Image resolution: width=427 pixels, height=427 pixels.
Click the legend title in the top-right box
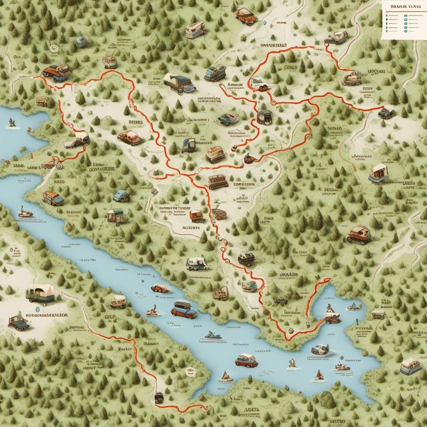click(402, 6)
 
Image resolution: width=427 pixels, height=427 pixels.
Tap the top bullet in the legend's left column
click(387, 15)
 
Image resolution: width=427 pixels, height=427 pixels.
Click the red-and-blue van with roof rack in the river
click(184, 309)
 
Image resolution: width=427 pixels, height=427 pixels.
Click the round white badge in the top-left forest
click(53, 48)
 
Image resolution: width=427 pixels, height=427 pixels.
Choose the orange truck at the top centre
click(245, 16)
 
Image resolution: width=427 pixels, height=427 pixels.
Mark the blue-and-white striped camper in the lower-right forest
click(409, 366)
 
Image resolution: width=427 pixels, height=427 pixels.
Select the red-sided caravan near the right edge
click(379, 173)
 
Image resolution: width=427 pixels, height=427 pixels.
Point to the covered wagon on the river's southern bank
click(118, 300)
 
